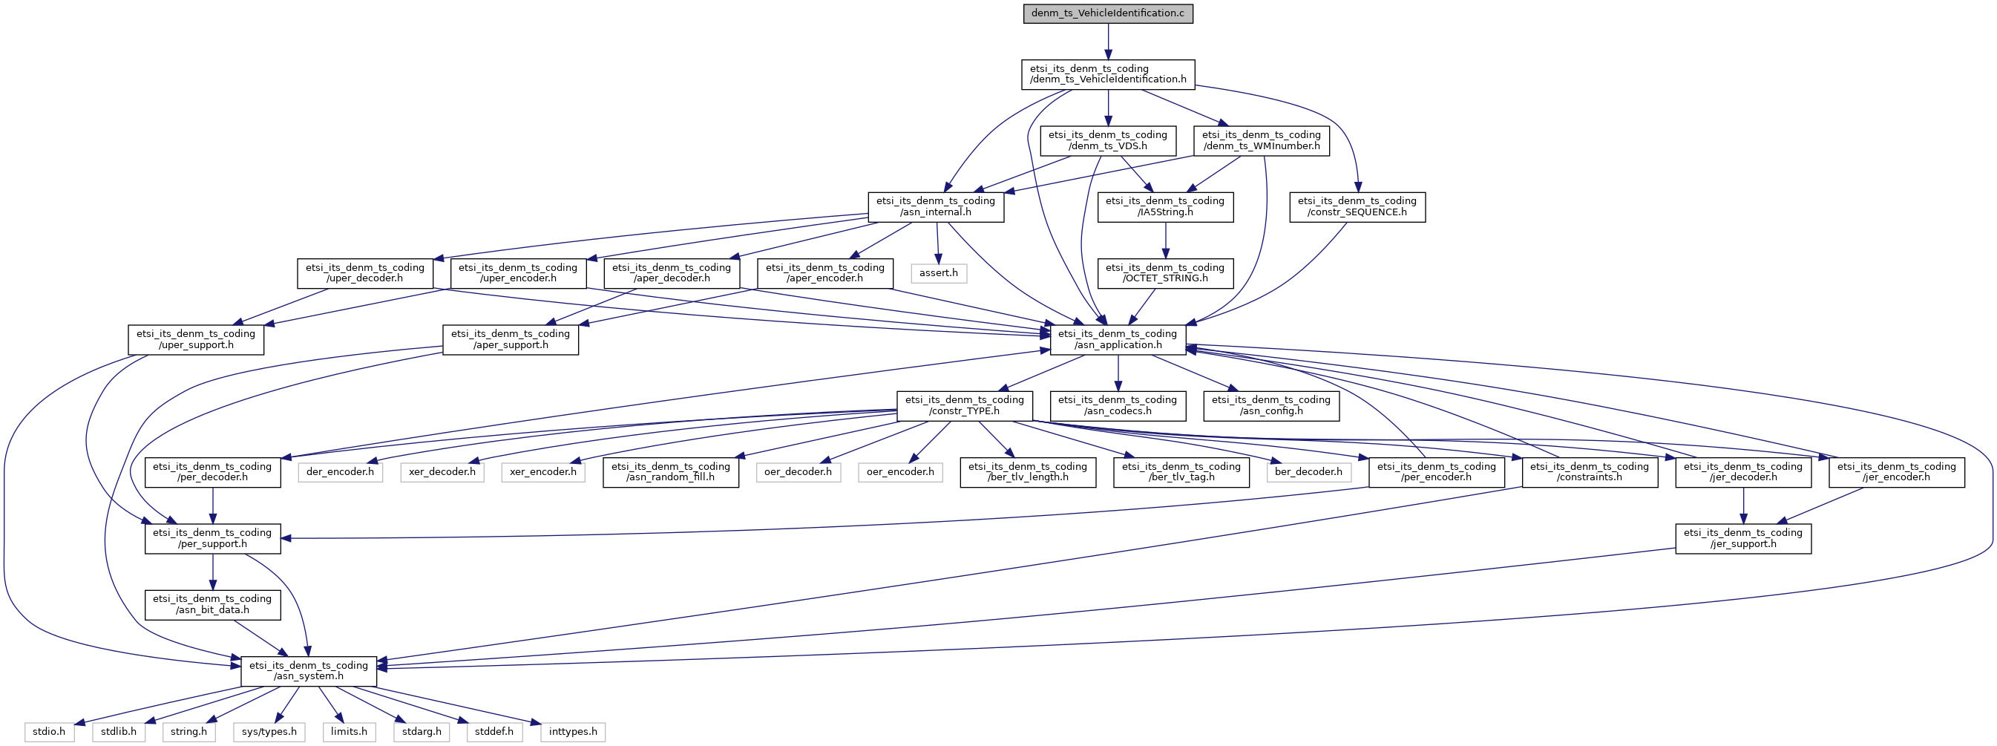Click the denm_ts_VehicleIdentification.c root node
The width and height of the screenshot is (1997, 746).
[x=1108, y=13]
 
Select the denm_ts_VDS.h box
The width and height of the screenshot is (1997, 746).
[x=1108, y=140]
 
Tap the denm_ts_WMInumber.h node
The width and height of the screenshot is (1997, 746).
[x=1262, y=140]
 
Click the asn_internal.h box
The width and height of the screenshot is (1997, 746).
[x=936, y=207]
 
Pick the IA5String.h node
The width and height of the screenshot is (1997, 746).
[x=1165, y=207]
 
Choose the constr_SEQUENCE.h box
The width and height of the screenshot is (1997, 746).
[x=1357, y=207]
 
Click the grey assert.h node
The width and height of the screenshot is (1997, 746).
[x=939, y=273]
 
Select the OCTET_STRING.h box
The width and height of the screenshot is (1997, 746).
[x=1165, y=273]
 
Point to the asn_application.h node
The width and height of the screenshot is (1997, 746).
[x=1118, y=340]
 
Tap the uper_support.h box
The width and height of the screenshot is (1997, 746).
[x=196, y=340]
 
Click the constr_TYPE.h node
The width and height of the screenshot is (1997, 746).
[x=965, y=405]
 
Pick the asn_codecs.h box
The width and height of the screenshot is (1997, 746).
[x=1118, y=405]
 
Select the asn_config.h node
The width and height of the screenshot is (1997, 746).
[x=1271, y=405]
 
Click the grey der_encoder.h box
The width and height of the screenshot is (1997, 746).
[x=341, y=471]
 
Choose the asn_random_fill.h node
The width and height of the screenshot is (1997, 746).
[x=671, y=472]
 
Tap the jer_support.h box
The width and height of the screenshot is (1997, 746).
[x=1743, y=538]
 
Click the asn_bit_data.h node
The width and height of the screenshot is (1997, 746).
[x=212, y=605]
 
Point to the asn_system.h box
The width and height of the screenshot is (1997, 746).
[x=309, y=671]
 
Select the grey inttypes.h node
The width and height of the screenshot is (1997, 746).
[x=573, y=731]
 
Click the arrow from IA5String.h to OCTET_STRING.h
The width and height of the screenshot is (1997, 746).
[x=1165, y=241]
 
